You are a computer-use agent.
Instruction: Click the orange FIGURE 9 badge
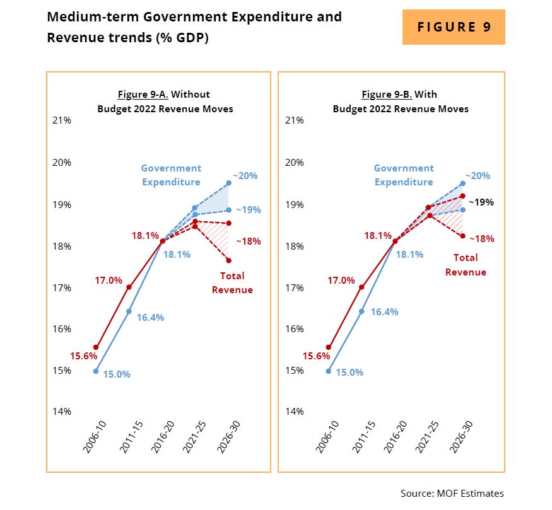pos(454,27)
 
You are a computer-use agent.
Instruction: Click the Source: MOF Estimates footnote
pos(452,493)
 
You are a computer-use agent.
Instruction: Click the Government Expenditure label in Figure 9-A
pos(171,175)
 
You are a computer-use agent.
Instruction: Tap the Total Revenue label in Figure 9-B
pos(466,265)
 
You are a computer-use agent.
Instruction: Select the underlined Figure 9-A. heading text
pos(143,95)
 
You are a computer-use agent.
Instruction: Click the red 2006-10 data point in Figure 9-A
pos(96,347)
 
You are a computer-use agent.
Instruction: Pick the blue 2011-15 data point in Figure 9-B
pos(361,311)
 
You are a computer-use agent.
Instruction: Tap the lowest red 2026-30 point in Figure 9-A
pos(228,260)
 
